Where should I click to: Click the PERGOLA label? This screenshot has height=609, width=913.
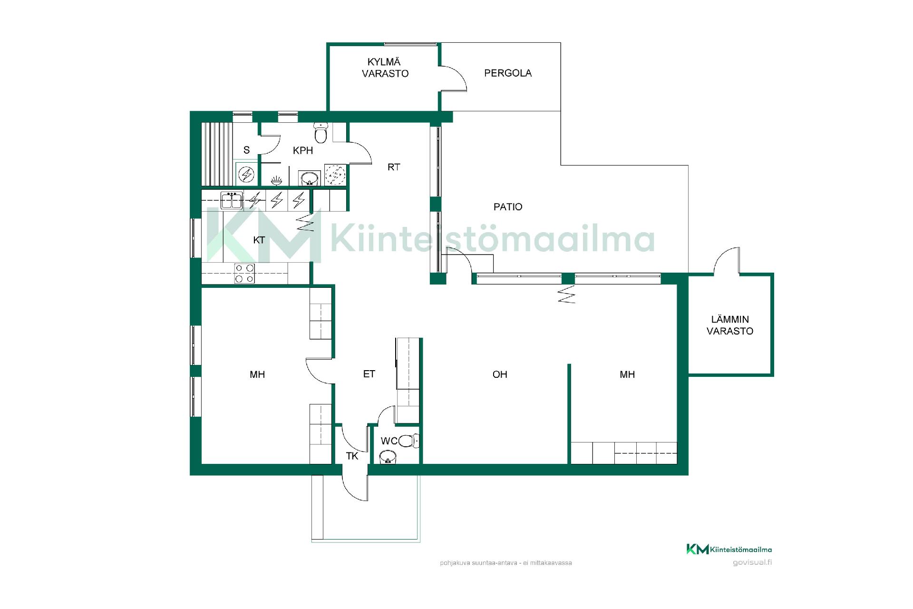coord(508,73)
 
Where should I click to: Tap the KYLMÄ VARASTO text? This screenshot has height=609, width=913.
coord(385,68)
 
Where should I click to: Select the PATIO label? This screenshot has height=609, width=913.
coord(508,207)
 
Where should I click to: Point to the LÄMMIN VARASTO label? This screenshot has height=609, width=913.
coord(730,325)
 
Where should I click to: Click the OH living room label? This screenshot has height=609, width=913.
coord(500,374)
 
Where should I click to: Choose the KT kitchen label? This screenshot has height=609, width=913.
coord(259,240)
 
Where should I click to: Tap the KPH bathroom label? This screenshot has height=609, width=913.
coord(303,150)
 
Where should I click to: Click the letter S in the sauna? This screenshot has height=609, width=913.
coord(246,150)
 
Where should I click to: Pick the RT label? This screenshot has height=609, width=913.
coord(394,167)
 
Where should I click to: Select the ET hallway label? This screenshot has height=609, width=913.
coord(369,374)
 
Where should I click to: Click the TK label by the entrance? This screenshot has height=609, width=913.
coord(352,456)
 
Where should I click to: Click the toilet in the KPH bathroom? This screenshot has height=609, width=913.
coord(321,133)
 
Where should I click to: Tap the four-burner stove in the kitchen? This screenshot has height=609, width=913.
coord(244,274)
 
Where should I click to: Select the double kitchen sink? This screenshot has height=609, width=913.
coord(232,200)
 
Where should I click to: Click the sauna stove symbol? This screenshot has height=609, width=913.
coord(247,175)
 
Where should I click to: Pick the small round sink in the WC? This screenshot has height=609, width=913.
coord(389,458)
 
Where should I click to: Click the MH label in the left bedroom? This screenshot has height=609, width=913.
coord(257,374)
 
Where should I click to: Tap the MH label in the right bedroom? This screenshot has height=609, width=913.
coord(627,374)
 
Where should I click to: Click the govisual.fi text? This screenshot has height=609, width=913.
coord(752,562)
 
